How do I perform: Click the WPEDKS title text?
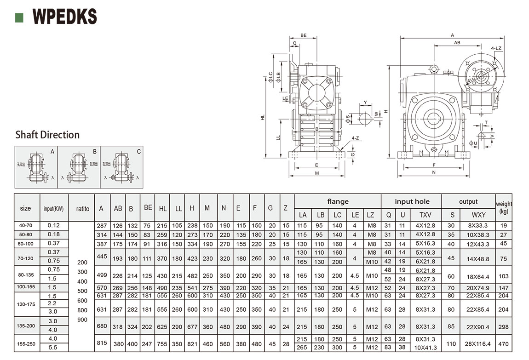pos(64,17)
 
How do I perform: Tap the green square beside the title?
pos(19,17)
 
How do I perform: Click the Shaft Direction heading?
pos(47,135)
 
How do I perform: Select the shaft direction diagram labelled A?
pos(36,167)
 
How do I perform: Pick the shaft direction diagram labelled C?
pos(121,167)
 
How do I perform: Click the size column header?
pos(26,208)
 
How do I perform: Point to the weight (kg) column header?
pos(504,208)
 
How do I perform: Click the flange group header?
pos(338,201)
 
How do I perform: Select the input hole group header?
pos(412,201)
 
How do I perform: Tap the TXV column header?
pos(425,215)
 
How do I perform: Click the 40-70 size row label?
pos(27,226)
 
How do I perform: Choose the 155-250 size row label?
pos(27,343)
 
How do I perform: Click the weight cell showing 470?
pos(504,343)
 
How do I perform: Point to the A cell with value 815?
pos(102,343)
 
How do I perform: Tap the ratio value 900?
pos(82,320)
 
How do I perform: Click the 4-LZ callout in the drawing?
pos(496,48)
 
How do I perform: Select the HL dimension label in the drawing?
pos(263,117)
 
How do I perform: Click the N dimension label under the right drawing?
pos(434,172)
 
